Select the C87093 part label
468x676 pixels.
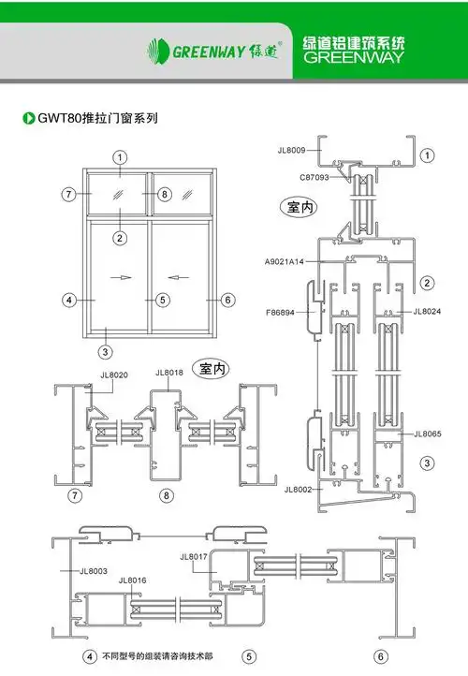pos(314,176)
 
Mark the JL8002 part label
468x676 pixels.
pos(298,489)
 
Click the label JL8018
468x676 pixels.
pos(169,373)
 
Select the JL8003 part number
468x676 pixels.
pos(94,570)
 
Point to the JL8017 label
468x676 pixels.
pos(193,557)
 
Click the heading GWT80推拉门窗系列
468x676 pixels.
pos(96,119)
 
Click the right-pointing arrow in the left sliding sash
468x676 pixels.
pos(121,277)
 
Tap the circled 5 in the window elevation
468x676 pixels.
pos(162,300)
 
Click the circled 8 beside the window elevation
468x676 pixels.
pos(164,194)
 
